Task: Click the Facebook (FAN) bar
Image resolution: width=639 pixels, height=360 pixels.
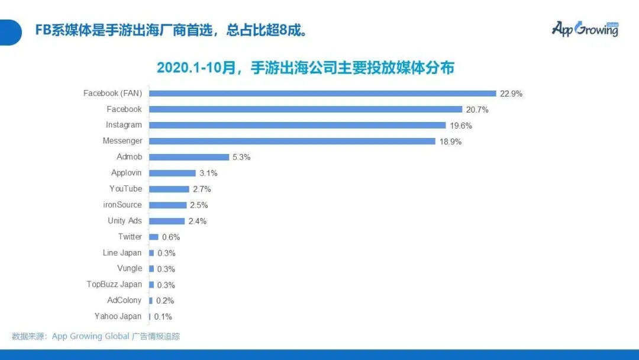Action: tap(322, 93)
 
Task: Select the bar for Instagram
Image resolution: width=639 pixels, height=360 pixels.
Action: tap(298, 125)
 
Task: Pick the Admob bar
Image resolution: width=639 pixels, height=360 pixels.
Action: tap(189, 157)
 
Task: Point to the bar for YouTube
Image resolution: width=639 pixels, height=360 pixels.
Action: tap(169, 189)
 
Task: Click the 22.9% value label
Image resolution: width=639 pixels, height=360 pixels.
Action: tap(511, 94)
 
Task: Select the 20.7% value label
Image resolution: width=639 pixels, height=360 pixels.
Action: tap(477, 110)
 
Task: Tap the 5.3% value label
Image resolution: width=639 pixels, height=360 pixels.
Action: tap(241, 157)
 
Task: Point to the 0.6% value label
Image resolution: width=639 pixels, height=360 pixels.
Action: tap(170, 237)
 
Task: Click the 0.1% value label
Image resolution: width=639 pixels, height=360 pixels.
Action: tap(163, 317)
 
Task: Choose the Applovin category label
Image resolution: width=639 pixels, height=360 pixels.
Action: tap(127, 173)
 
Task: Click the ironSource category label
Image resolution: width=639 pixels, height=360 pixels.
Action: tap(122, 205)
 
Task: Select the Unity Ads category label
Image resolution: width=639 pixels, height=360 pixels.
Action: tap(125, 221)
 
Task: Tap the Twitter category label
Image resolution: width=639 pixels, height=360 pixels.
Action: tap(130, 237)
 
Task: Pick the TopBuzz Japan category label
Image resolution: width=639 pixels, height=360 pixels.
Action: tap(114, 284)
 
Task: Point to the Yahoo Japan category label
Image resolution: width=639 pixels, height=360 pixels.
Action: tap(118, 316)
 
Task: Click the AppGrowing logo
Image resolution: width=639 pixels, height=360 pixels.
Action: tap(585, 29)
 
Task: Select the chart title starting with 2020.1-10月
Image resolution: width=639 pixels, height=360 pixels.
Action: tap(305, 67)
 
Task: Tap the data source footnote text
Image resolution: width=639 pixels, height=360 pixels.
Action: tap(96, 336)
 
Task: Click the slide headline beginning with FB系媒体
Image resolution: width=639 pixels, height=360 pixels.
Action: tap(171, 30)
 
